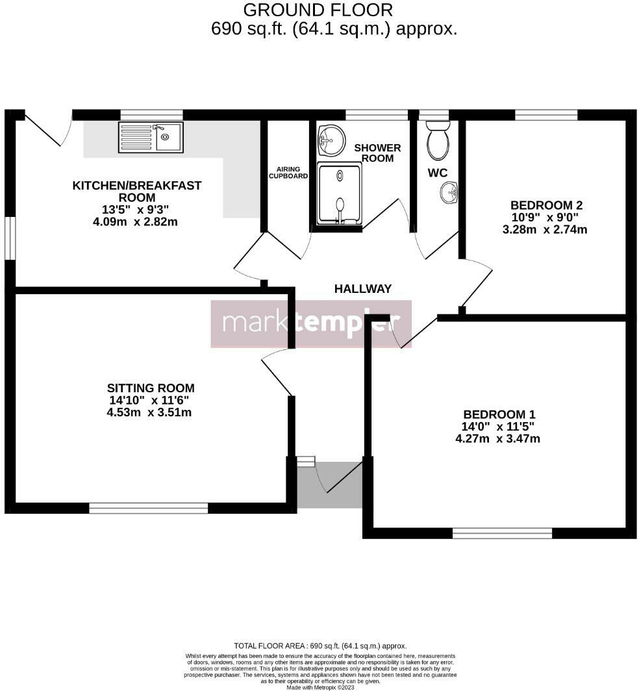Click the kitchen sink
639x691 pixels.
(151, 137)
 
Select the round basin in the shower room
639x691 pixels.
(331, 140)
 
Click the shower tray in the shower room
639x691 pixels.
(339, 194)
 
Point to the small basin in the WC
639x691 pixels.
(449, 192)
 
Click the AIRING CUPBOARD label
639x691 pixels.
(288, 172)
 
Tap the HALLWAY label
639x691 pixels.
(363, 289)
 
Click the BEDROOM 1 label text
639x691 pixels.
(499, 414)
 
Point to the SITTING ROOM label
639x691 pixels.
(151, 388)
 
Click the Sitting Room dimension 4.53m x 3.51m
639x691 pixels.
(149, 412)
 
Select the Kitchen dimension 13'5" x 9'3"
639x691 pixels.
(136, 210)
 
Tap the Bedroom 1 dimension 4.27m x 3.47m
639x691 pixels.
(497, 438)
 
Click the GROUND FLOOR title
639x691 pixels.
(318, 10)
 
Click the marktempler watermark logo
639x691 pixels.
(311, 323)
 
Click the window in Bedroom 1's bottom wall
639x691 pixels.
(502, 533)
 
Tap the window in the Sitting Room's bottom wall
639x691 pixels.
(148, 508)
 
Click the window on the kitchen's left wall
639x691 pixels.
(10, 238)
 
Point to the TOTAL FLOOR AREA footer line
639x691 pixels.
(320, 646)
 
